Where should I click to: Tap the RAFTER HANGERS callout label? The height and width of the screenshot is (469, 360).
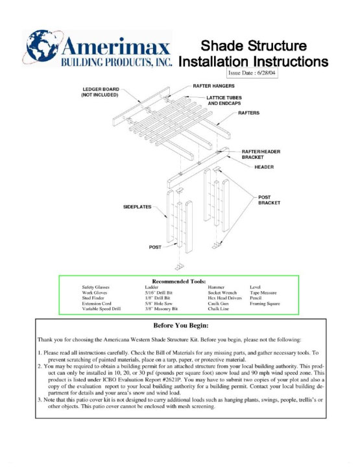pos(213,86)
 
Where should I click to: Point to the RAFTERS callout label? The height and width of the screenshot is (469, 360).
pos(248,113)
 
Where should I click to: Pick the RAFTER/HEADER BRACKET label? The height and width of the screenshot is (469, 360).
pos(261,154)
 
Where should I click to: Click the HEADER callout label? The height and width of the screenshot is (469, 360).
pos(264,167)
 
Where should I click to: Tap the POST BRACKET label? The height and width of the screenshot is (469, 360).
pos(269,200)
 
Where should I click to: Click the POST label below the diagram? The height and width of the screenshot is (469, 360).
pos(156,247)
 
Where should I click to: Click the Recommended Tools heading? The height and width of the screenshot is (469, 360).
pos(179,281)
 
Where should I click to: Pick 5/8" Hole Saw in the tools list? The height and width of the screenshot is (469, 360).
pos(159,304)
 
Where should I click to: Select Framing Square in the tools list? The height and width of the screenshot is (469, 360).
pos(267,304)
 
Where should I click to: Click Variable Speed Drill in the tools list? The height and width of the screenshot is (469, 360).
pos(101,309)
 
